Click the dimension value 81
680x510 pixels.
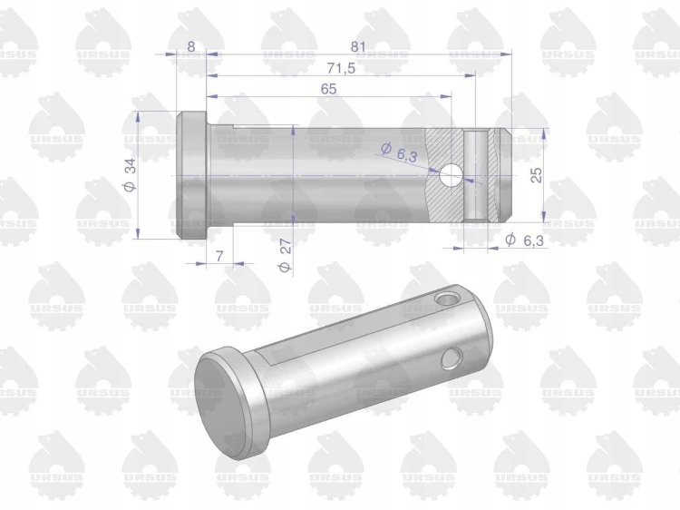click(358, 46)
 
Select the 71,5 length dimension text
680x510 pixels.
click(341, 68)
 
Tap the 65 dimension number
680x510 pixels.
click(329, 89)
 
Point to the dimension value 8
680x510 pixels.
click(191, 46)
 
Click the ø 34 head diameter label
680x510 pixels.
click(130, 174)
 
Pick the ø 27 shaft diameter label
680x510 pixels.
click(285, 255)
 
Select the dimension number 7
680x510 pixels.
click(220, 256)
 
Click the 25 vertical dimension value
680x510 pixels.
click(537, 175)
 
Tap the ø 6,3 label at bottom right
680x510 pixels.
click(524, 240)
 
